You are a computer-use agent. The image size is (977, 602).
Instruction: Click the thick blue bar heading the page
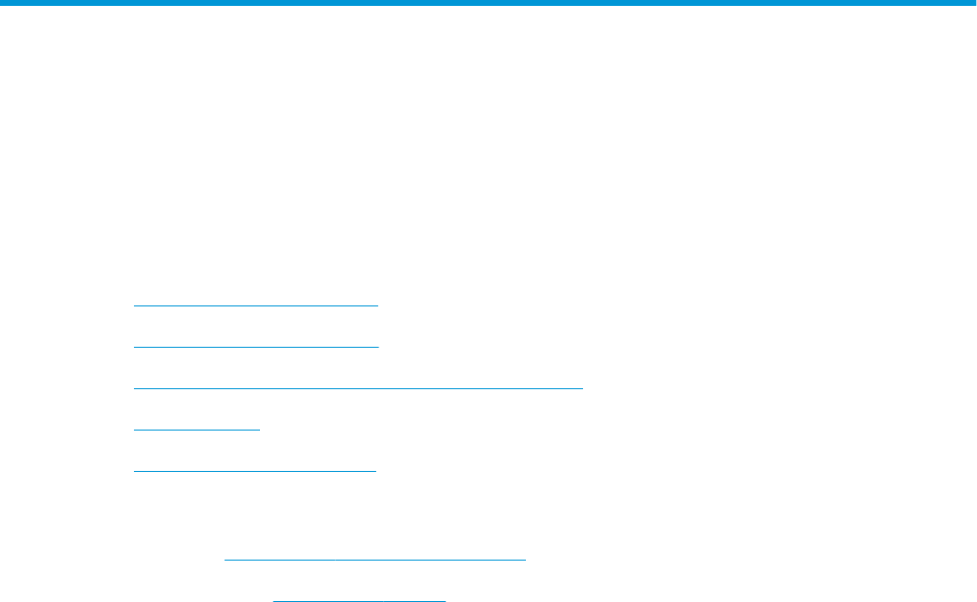pos(488,4)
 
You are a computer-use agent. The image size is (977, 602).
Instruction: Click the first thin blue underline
pos(255,305)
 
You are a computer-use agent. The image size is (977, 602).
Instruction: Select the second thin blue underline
pos(255,347)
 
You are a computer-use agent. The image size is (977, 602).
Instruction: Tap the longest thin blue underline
pos(358,388)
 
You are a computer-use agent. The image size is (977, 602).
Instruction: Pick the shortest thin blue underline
pos(196,430)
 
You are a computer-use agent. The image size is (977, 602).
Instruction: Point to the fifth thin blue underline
pos(255,470)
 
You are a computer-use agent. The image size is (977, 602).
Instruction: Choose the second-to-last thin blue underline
pos(375,560)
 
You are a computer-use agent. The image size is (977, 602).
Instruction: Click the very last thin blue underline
pos(359,598)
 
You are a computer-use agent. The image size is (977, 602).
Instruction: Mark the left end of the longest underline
pos(134,388)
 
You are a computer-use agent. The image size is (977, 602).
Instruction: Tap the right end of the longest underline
pos(583,388)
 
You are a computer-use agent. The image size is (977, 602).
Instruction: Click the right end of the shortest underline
pos(259,430)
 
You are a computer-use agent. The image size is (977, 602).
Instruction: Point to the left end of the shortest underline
pos(134,430)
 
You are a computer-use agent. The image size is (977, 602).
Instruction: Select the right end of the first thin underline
pos(377,305)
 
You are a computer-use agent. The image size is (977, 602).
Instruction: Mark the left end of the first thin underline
pos(134,305)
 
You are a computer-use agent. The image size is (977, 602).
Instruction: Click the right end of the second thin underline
pos(377,347)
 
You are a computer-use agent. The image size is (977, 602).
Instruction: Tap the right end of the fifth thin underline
pos(376,470)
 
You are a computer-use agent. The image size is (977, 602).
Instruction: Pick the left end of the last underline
pos(274,598)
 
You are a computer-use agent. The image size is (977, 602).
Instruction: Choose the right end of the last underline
pos(445,598)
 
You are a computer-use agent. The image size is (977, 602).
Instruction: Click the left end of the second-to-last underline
pos(226,560)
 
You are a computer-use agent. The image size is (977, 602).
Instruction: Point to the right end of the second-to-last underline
pos(526,560)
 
